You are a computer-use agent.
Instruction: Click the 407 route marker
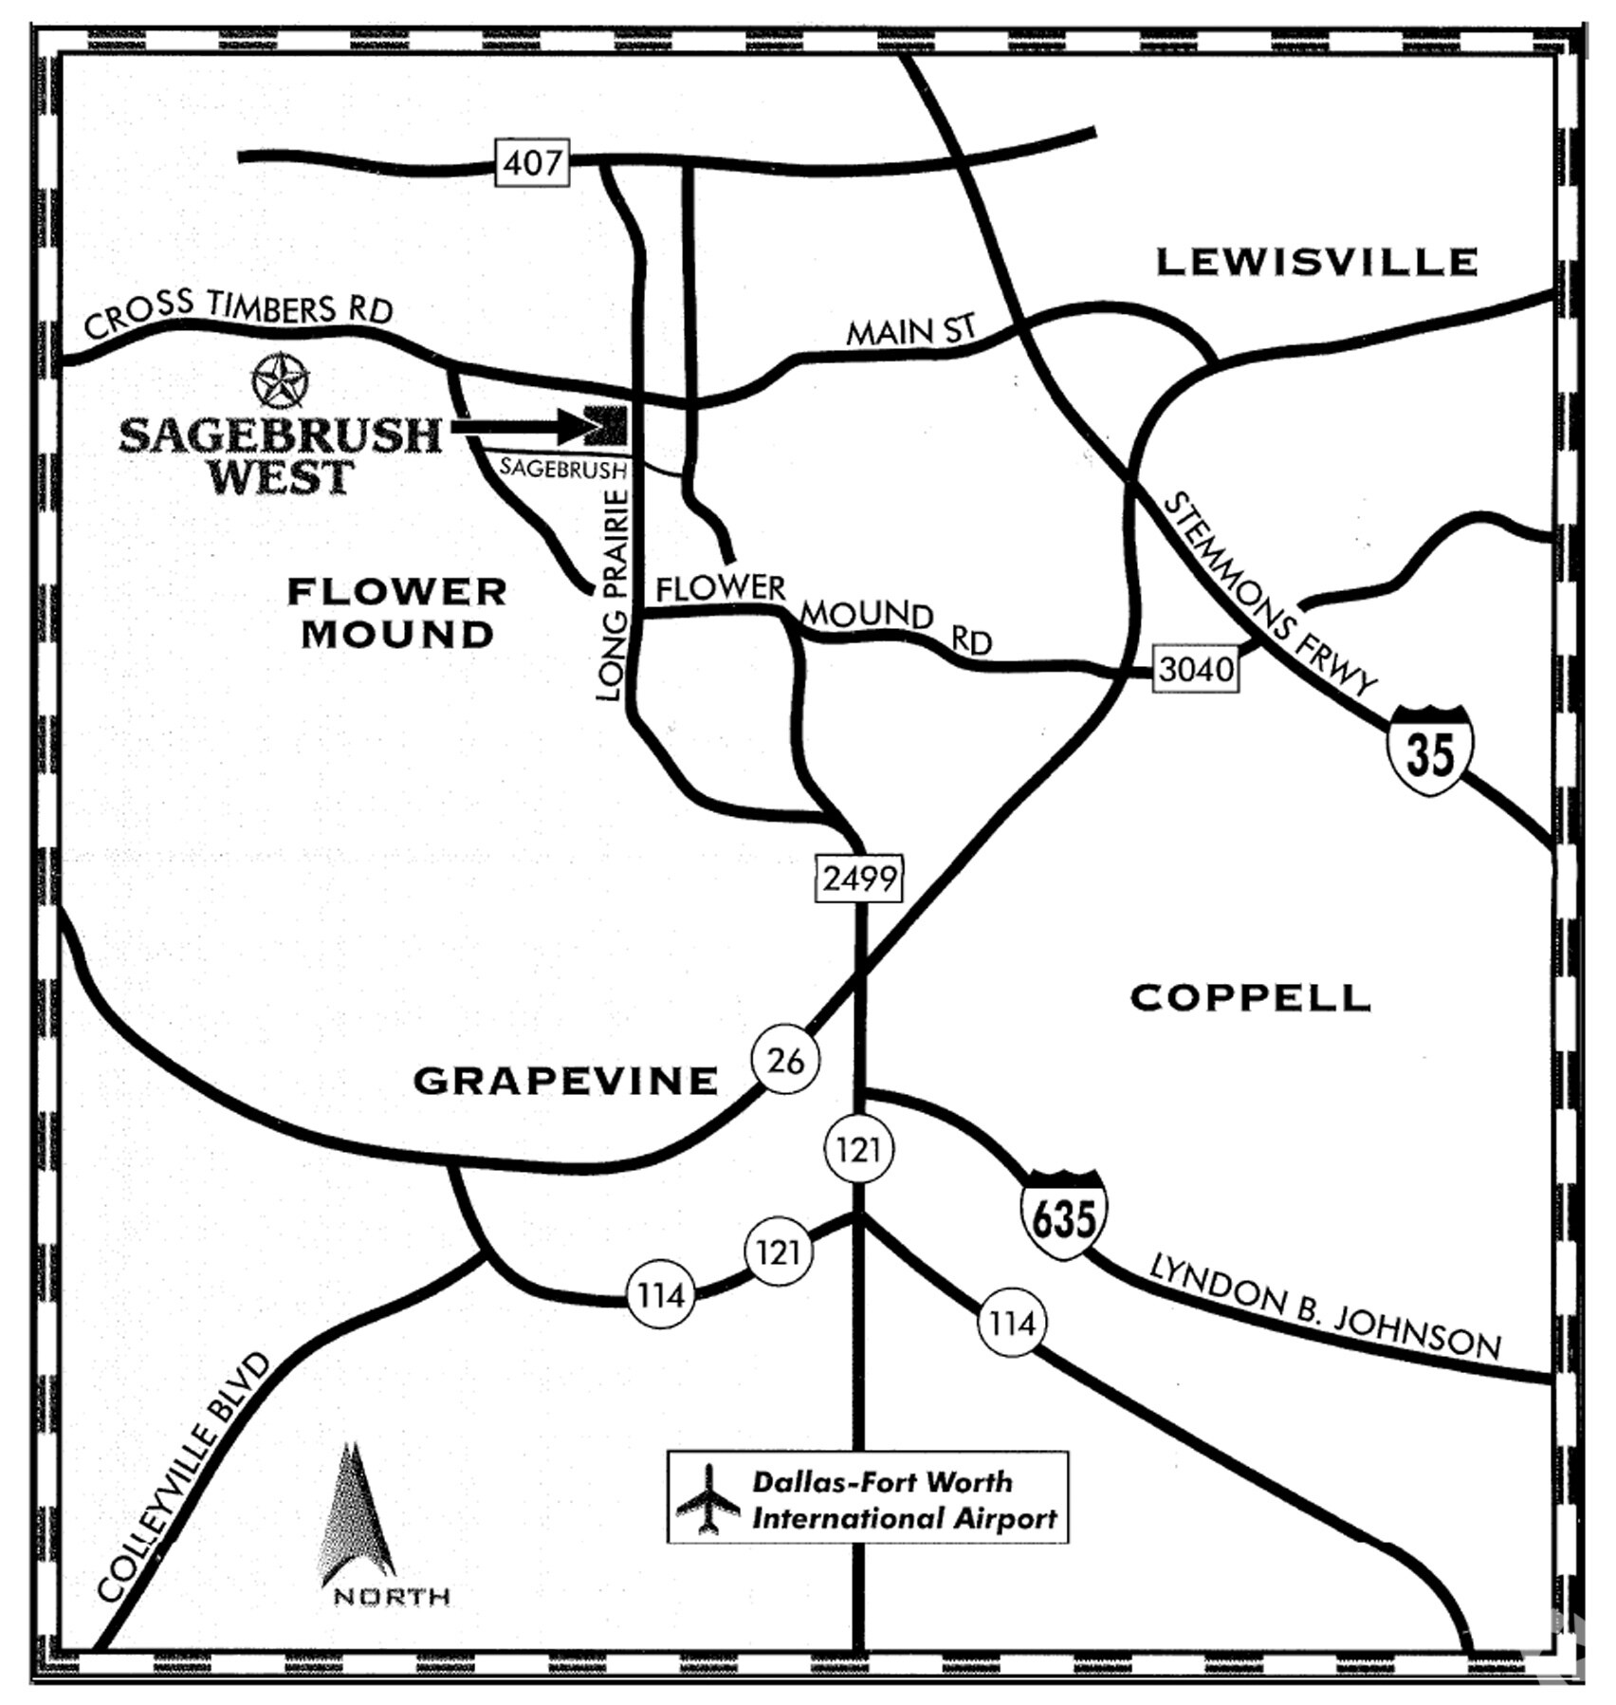tap(532, 163)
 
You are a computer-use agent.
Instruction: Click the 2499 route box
tap(859, 879)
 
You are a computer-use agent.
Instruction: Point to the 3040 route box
tap(1196, 669)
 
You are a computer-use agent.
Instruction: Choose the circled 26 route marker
tap(785, 1060)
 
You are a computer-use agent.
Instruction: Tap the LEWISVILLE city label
tap(1316, 262)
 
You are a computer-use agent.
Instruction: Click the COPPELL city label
tap(1251, 997)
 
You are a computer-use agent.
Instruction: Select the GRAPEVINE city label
tap(565, 1081)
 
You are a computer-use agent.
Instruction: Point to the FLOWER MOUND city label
tap(396, 613)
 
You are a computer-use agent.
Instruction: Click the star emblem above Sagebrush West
tap(281, 381)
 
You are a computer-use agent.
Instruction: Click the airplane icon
tap(707, 1498)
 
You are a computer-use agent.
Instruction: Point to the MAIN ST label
tap(910, 331)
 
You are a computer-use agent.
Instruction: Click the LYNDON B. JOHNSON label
tap(1325, 1307)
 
